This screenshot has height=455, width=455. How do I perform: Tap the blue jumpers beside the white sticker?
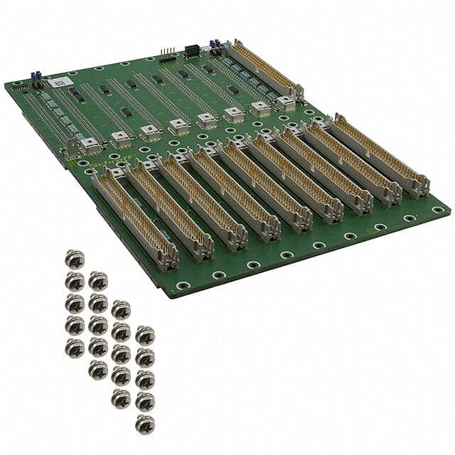[34, 77]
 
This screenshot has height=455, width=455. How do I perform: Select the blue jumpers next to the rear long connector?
[214, 46]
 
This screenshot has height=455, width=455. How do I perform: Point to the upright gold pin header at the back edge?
[168, 55]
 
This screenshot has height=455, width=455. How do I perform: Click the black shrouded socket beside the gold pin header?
[192, 51]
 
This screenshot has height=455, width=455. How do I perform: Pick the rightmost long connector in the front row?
[381, 156]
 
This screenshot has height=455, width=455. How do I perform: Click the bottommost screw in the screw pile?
[144, 424]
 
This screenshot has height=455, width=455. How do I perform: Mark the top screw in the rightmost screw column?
[145, 334]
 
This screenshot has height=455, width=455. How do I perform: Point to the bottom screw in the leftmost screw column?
[75, 347]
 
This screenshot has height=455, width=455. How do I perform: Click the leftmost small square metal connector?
[90, 145]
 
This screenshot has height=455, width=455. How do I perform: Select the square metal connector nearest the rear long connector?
[286, 103]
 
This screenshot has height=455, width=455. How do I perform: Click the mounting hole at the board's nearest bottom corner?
[183, 286]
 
